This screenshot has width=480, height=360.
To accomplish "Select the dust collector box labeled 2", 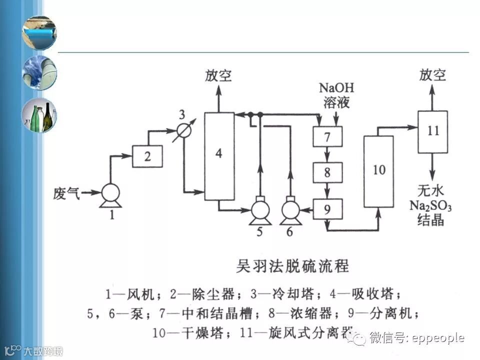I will click(147, 156).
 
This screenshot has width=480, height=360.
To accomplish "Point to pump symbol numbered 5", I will click(259, 209).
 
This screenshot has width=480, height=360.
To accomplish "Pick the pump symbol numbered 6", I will click(290, 209).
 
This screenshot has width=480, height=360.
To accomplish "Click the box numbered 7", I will click(327, 136).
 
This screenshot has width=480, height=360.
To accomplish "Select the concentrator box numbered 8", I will click(327, 173).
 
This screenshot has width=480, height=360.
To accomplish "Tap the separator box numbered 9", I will click(327, 209).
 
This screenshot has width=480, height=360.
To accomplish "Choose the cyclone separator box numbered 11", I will click(432, 131).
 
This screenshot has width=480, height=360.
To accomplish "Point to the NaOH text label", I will click(336, 88).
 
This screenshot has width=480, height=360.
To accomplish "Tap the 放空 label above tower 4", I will click(218, 76).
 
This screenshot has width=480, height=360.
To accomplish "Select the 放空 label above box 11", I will click(432, 75).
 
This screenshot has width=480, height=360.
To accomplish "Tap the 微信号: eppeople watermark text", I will click(417, 338).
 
